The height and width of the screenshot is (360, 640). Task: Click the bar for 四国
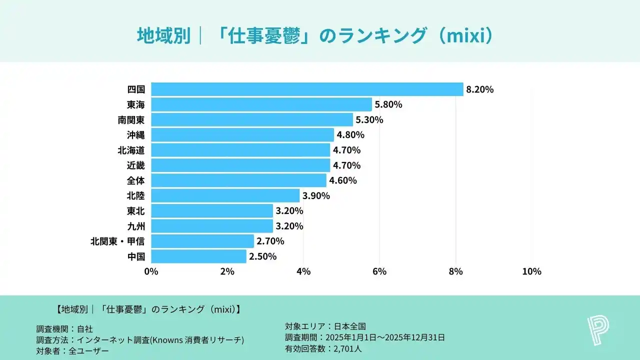tap(307, 89)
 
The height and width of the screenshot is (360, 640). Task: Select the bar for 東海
tap(261, 104)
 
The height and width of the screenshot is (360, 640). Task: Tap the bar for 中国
tap(198, 256)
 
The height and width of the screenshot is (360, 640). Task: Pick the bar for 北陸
tap(225, 195)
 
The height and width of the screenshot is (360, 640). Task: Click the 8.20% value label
tap(480, 90)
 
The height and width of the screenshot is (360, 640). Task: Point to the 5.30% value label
tap(369, 120)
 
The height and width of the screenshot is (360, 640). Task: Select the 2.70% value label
tap(270, 241)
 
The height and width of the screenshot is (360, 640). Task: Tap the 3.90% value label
tap(316, 196)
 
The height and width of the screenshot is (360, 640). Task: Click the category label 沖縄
tap(135, 135)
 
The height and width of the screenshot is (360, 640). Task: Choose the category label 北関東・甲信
tap(117, 241)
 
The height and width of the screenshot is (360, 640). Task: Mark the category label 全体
tap(135, 180)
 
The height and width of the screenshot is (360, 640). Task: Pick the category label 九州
tap(135, 226)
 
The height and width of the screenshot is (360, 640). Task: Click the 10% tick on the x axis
tap(531, 271)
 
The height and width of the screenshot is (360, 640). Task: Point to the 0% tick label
tap(151, 271)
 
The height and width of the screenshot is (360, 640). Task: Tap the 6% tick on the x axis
tap(379, 271)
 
